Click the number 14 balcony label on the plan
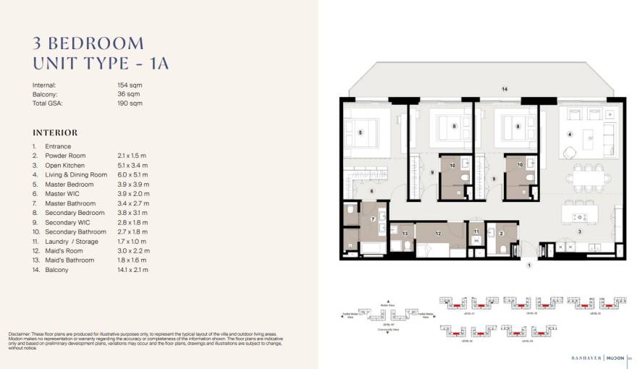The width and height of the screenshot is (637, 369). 505,89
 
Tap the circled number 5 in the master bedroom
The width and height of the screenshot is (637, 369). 360,132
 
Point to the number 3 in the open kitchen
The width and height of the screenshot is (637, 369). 579,232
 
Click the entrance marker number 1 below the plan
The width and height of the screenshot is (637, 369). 529,266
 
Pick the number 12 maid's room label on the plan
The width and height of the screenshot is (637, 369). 438,233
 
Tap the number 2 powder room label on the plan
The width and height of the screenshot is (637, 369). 501,233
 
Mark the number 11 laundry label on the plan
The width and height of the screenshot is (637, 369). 476,232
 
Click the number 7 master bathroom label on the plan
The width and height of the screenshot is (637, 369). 372,219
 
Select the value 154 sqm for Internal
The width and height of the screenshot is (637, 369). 130,85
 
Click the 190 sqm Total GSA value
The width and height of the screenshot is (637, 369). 130,103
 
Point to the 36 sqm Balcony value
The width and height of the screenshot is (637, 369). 128,94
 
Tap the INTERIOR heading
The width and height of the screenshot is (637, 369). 55,133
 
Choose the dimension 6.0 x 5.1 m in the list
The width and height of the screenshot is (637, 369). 132,174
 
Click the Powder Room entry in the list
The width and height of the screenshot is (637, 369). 65,156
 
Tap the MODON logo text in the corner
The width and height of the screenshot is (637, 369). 615,357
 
